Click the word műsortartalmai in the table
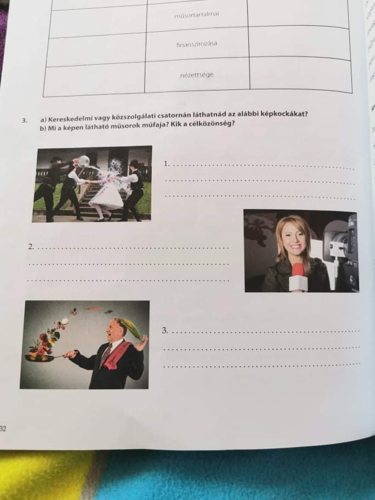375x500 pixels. [197, 15]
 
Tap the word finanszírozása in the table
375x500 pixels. [197, 44]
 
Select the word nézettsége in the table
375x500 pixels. [197, 76]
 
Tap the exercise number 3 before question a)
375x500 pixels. [24, 121]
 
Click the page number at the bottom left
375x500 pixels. [3, 429]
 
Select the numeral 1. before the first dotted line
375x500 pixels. [166, 164]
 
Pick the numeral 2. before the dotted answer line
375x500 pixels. [31, 246]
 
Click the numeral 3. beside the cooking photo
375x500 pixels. [165, 331]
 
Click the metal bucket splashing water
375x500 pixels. [83, 161]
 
